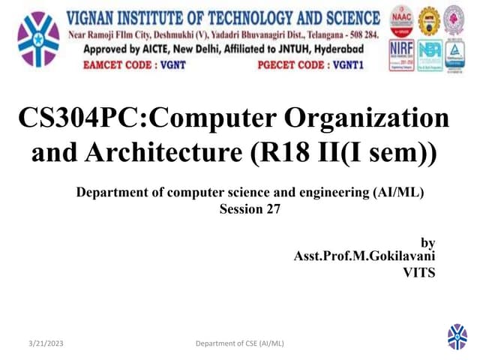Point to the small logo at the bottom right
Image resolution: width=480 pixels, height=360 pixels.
457,337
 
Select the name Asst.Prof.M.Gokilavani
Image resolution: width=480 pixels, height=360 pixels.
364,257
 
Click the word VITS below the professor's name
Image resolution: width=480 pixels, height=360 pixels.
418,273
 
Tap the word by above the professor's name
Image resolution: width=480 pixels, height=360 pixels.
427,242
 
